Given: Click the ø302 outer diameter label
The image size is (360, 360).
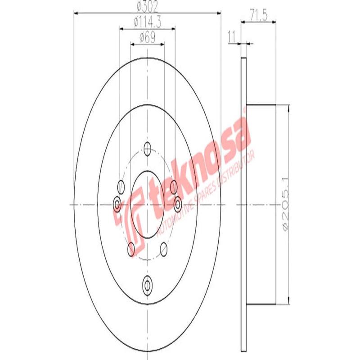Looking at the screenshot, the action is (147, 7).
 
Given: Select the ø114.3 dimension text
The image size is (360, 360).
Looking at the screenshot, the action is (148, 22).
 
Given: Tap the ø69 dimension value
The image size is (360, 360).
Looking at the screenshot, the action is (148, 37).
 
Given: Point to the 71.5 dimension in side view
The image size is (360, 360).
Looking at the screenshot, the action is (258, 16).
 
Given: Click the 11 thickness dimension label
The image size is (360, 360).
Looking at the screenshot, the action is (232, 37).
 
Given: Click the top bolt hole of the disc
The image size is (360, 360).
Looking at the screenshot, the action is (148, 148).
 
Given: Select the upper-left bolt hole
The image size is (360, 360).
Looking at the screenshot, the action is (121, 187).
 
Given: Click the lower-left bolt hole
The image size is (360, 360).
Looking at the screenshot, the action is (131, 249).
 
